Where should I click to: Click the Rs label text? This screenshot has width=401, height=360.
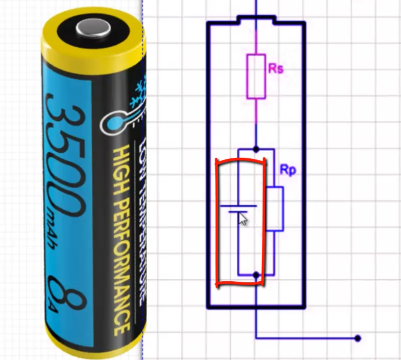[x=276, y=68]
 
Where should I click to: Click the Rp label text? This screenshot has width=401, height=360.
[x=288, y=170]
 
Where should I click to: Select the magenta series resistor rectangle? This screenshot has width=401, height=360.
[x=256, y=76]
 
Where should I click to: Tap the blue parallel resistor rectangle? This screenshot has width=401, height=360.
[x=275, y=209]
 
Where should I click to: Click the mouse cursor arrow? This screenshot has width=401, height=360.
[x=242, y=218]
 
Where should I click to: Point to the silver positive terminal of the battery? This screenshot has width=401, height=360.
[x=92, y=28]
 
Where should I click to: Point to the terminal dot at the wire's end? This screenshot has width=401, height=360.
[x=357, y=338]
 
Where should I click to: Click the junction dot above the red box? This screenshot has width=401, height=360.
[x=256, y=149]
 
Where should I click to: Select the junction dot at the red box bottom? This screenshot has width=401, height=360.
[x=256, y=275]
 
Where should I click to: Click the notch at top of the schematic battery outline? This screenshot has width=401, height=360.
[x=256, y=20]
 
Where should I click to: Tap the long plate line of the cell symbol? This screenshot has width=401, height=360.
[x=238, y=206]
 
